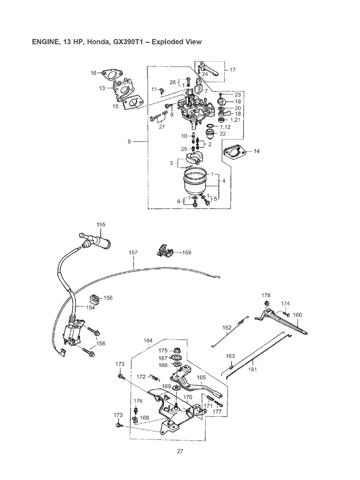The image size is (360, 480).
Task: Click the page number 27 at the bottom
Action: tap(180, 451)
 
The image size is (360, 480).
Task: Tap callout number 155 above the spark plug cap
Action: tap(101, 225)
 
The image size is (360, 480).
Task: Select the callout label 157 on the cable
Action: tap(134, 252)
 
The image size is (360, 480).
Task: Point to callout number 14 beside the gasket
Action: tap(256, 151)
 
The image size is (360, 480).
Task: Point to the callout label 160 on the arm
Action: tap(297, 315)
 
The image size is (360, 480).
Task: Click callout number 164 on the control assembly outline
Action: tap(148, 340)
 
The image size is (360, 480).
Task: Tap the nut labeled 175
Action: tap(175, 350)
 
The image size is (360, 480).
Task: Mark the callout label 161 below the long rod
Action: tap(252, 369)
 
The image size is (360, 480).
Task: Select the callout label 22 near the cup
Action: tap(223, 134)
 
